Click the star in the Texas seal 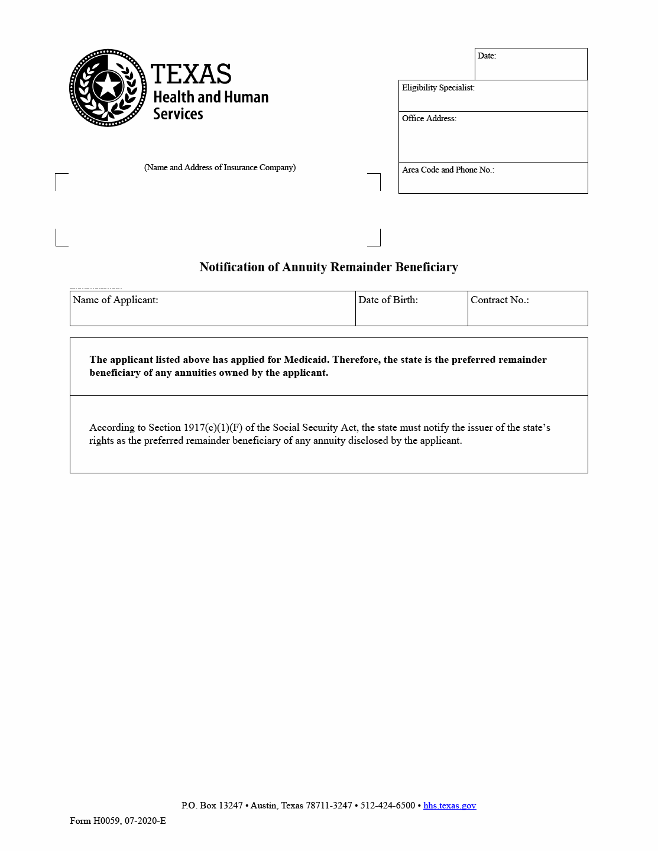coord(108,86)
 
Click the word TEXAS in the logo coord(190,74)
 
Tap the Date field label coord(487,56)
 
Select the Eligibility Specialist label coord(438,88)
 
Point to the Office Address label coord(429,119)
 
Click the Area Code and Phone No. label coord(448,170)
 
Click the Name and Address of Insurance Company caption coord(220,168)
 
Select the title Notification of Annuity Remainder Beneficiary coord(329,267)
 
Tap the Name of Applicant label coord(115,300)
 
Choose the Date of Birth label coord(388,300)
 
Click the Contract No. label coord(500,300)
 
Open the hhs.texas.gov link coord(449,806)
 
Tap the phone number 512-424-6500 coord(388,806)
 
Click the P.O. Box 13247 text coord(212,806)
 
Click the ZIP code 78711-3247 coord(329,806)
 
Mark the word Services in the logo coord(178,114)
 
